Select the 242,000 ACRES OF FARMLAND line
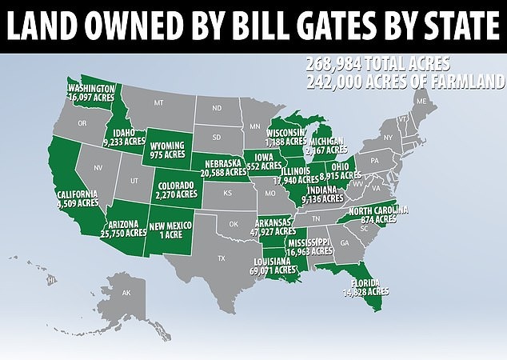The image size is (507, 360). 403,81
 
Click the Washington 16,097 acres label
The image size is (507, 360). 93,92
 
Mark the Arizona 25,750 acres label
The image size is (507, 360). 124,229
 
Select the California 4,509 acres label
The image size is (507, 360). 77,198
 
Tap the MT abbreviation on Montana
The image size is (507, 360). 158,103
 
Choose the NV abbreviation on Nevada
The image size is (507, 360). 99,168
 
